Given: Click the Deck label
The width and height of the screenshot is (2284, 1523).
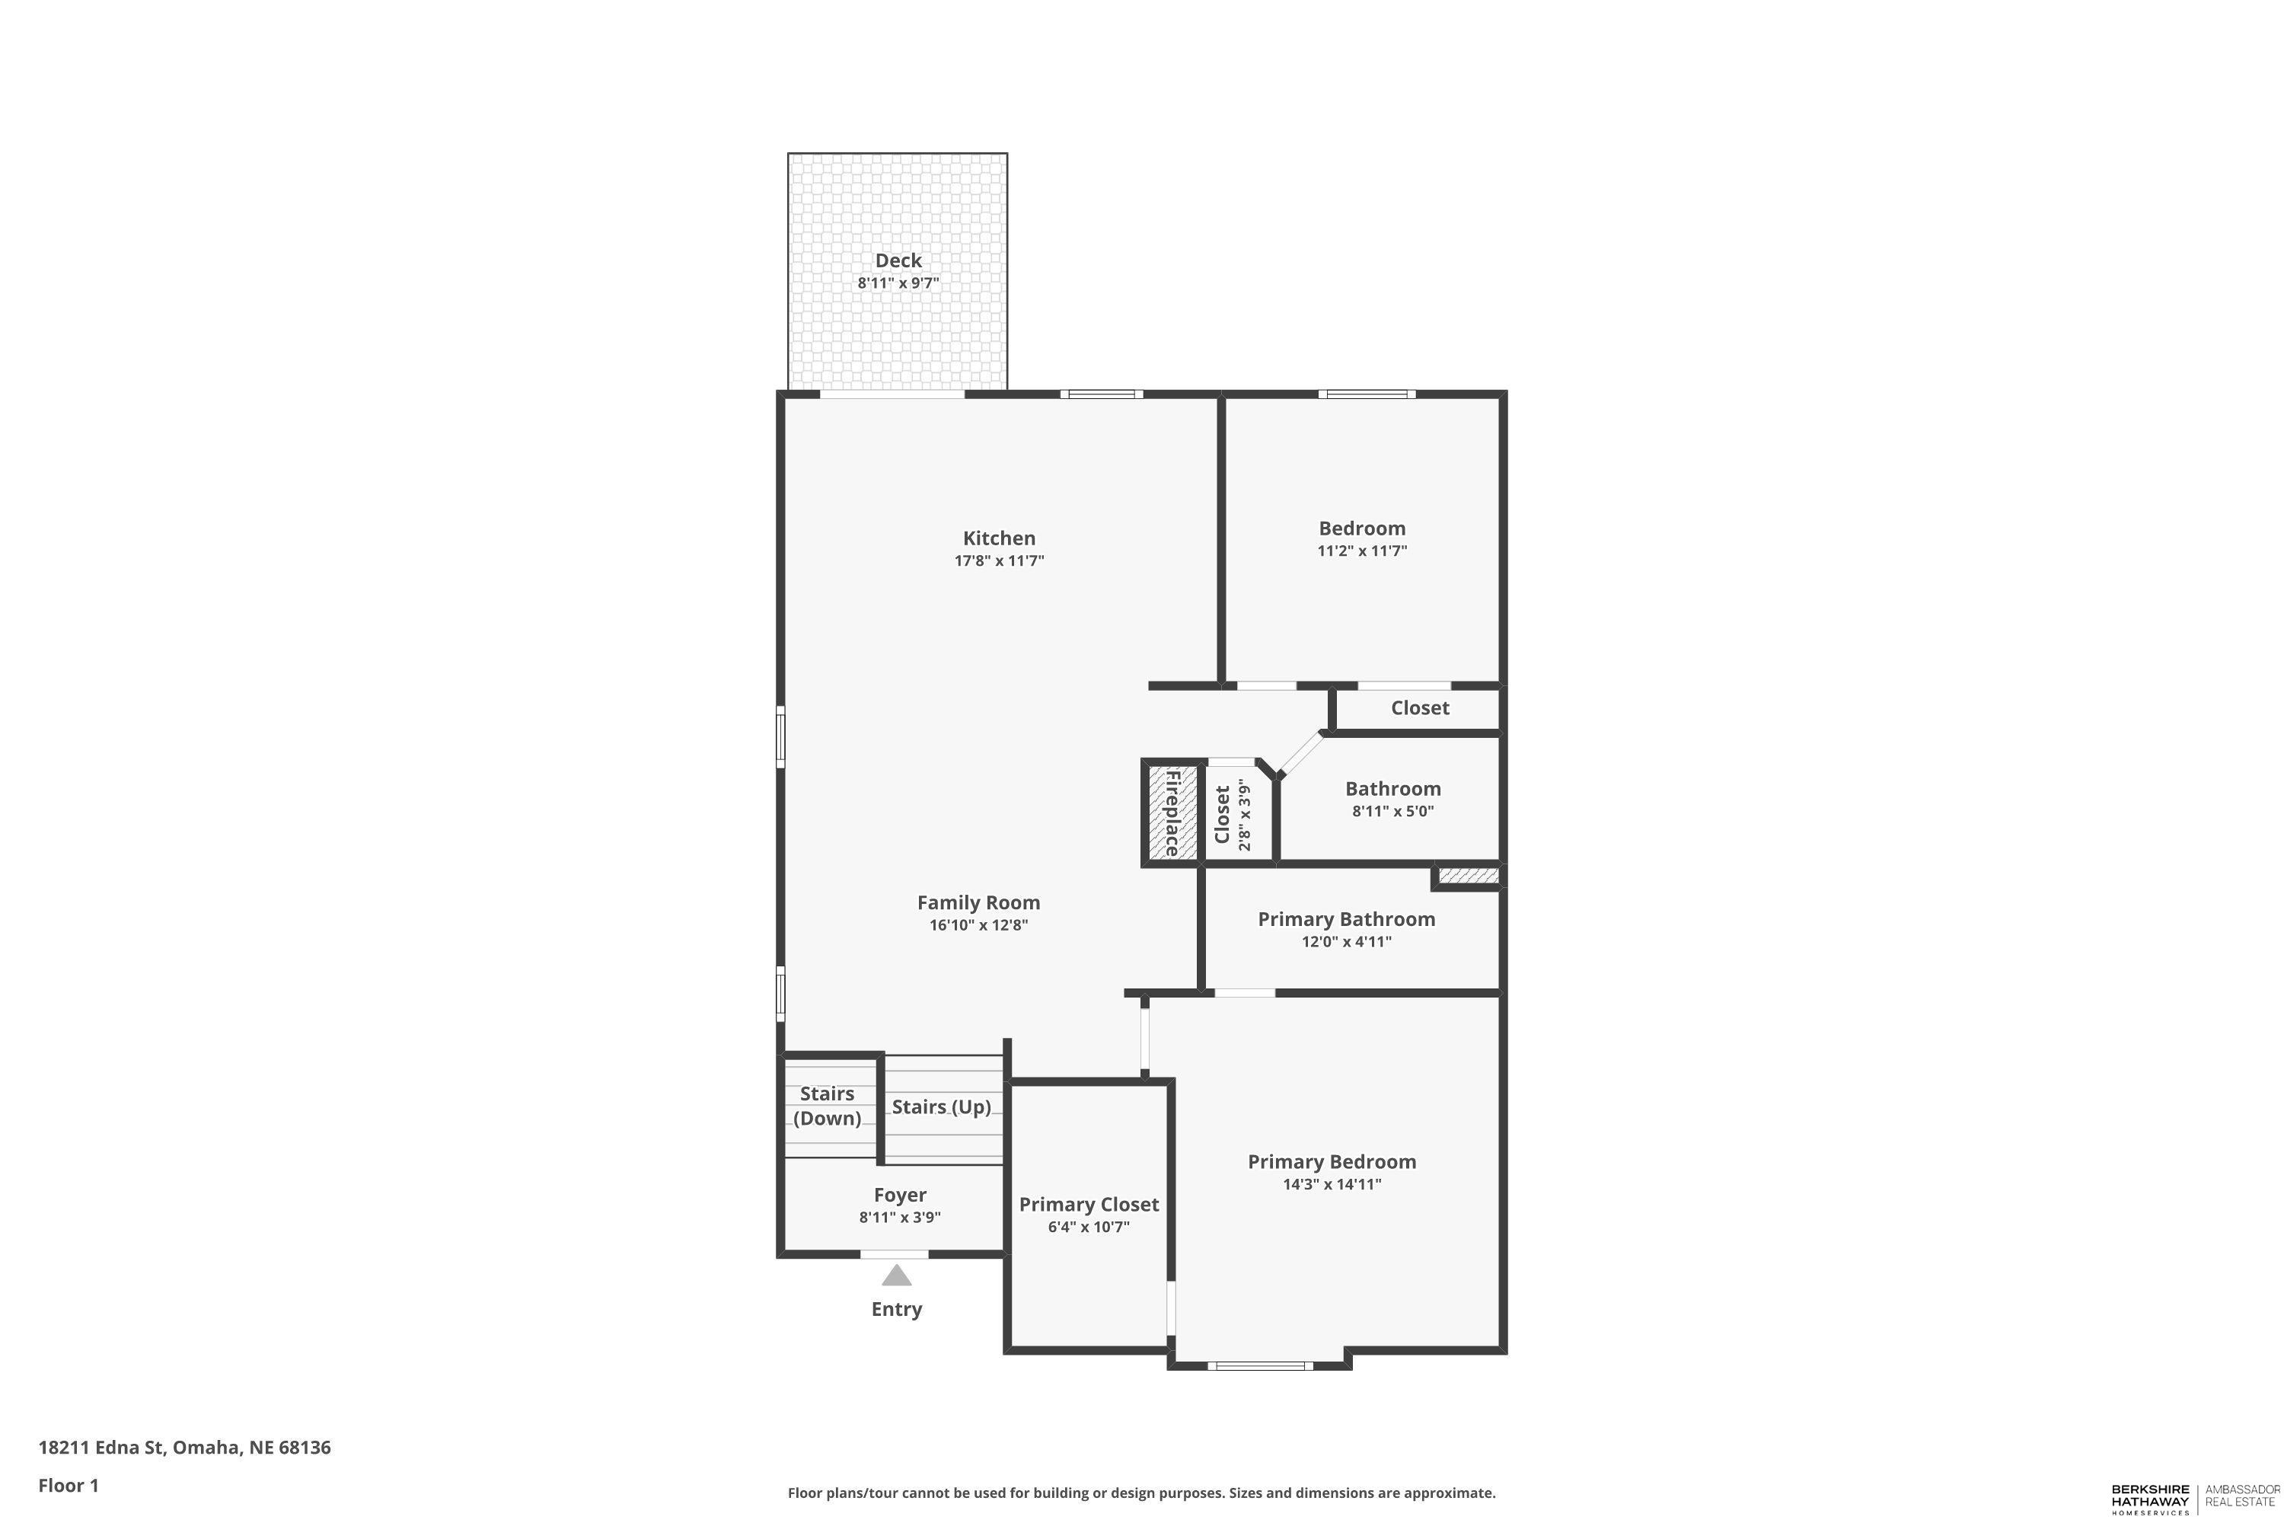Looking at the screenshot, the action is (898, 260).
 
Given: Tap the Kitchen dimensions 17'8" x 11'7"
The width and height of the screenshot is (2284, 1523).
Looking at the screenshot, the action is (999, 560).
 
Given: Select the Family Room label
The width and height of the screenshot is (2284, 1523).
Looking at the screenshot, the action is (979, 902).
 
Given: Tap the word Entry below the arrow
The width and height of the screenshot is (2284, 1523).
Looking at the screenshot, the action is (896, 1309).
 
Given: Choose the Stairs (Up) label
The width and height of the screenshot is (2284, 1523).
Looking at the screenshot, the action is (941, 1107).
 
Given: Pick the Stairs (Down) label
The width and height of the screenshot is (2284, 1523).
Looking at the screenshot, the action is (828, 1106).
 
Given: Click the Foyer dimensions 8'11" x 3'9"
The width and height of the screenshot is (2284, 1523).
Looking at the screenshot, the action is (900, 1218).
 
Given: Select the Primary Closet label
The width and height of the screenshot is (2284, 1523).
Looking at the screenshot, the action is (1089, 1205).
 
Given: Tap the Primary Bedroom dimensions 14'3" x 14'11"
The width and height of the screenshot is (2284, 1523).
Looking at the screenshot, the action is (1332, 1184).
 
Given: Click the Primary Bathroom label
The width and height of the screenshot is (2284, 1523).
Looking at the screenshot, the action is (1347, 919).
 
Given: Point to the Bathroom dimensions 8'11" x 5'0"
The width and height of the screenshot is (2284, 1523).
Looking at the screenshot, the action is (1393, 811).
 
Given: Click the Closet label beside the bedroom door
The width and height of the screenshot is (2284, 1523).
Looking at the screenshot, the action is (1420, 708).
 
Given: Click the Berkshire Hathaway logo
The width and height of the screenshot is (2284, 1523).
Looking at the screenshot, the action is (2196, 1499).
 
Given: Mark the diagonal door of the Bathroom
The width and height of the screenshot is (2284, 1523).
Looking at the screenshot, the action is (1301, 754).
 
